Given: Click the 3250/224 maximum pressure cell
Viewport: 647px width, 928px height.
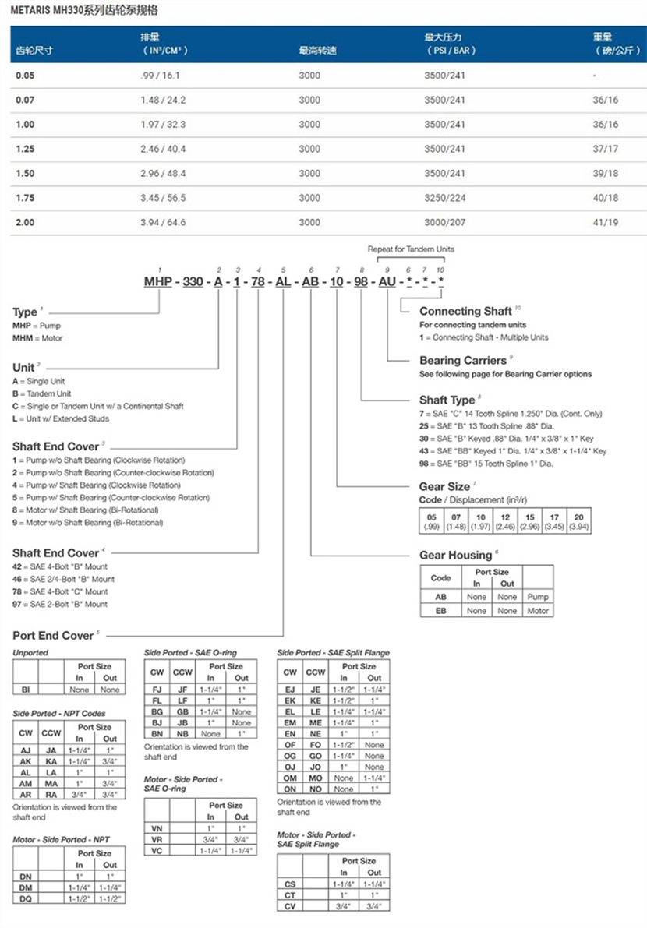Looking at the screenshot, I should click(x=444, y=198).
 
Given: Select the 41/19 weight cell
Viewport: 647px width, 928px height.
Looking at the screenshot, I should click(x=605, y=222).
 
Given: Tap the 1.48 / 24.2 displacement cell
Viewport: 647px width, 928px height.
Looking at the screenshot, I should click(x=163, y=100).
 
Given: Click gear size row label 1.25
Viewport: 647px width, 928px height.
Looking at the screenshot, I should click(x=26, y=149).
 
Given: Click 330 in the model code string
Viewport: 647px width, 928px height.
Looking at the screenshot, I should click(x=193, y=281).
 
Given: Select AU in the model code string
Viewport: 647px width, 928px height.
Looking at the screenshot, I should click(x=387, y=281).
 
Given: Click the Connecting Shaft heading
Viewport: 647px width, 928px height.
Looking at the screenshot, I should click(x=465, y=312).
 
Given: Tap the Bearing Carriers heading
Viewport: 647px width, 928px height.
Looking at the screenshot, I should click(x=463, y=361).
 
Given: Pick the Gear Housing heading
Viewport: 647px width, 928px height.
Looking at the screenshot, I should click(x=455, y=556).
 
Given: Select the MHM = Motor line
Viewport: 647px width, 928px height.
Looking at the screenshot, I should click(x=37, y=338).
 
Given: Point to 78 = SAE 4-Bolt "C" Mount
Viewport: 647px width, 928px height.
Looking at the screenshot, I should click(x=60, y=591).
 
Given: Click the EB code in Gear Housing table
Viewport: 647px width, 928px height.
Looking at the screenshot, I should click(x=440, y=611).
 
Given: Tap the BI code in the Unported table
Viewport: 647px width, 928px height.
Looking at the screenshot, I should click(x=26, y=690).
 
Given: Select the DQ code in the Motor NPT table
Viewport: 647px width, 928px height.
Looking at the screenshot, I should click(x=26, y=900).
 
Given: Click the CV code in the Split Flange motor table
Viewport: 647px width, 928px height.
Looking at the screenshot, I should click(x=290, y=905).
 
